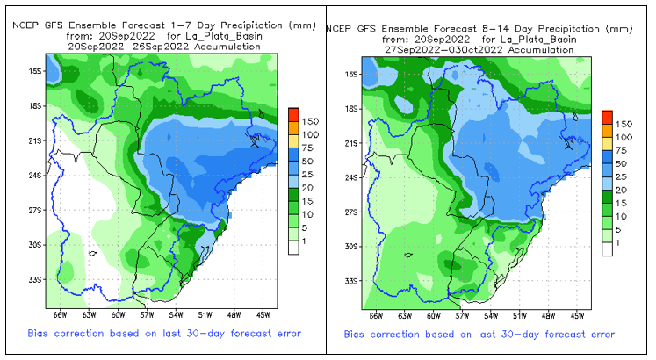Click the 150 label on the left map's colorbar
click(x=309, y=120)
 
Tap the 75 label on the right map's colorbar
click(x=621, y=151)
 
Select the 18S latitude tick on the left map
click(x=36, y=105)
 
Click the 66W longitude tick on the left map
click(x=61, y=314)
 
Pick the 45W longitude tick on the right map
click(x=578, y=315)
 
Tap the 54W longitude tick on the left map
click(x=176, y=314)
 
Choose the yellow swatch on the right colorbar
click(x=607, y=138)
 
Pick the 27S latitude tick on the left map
click(x=36, y=211)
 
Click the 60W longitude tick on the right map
click(x=433, y=315)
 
